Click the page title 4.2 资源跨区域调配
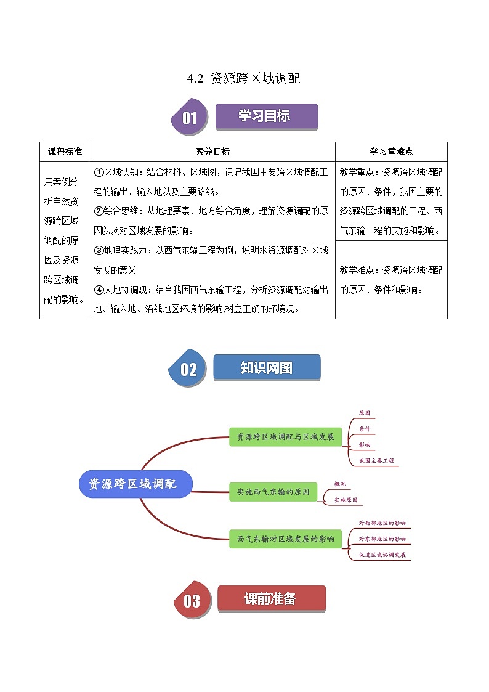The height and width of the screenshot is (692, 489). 244,79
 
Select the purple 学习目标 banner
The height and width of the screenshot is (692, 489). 266,116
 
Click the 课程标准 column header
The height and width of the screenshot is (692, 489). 64,152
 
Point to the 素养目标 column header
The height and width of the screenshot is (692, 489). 212,152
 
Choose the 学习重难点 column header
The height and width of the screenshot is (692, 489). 391,152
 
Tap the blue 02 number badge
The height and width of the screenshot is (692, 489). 188,368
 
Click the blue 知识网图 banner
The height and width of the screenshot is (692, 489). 267,368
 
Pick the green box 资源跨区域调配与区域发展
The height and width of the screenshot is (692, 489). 285,437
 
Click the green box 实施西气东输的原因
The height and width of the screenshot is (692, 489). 273,492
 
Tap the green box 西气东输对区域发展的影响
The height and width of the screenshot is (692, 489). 285,539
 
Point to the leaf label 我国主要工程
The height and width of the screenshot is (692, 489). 376,460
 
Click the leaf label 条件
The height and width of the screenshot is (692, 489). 365,428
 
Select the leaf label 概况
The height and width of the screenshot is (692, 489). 340,484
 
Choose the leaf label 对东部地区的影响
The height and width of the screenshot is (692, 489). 382,539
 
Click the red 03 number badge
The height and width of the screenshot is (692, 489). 192,600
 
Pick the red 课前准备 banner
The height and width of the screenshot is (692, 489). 271,598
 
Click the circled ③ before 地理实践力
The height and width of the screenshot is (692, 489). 98,251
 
